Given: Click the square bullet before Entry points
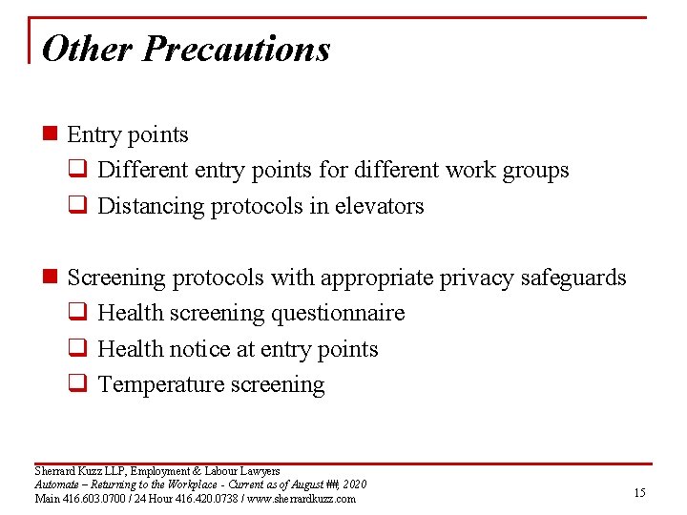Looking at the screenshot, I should pos(52,135).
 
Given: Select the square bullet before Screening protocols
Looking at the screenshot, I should pos(52,278).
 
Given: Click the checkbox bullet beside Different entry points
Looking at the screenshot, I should pos(82,171).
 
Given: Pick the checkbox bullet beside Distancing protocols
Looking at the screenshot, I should pos(82,207).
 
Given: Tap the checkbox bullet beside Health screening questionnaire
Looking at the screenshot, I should pos(82,314).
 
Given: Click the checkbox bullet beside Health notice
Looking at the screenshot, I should pos(82,350).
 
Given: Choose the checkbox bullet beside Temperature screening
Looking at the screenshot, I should pos(82,385).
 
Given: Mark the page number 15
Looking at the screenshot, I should pos(639,492).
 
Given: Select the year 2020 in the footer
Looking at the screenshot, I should pos(353,484).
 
